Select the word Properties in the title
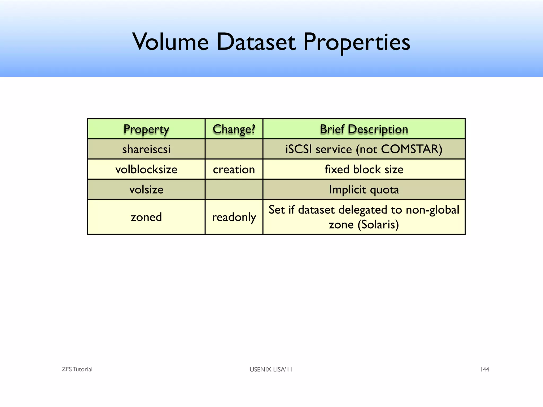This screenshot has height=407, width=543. (x=356, y=42)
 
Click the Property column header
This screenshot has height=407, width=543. (x=146, y=129)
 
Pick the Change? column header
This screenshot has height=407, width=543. (x=234, y=129)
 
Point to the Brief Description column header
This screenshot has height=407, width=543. (x=364, y=129)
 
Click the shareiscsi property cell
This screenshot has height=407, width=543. (x=146, y=149)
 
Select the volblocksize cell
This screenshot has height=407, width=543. (x=146, y=169)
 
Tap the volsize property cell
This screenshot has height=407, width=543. (x=146, y=189)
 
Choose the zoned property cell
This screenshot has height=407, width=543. (x=146, y=217)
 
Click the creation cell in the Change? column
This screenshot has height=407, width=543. (x=234, y=169)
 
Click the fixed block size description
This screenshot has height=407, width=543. (x=364, y=169)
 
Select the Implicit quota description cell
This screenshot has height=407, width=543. (x=364, y=189)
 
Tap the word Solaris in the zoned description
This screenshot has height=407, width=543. (x=378, y=225)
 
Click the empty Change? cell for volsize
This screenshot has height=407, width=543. (x=234, y=189)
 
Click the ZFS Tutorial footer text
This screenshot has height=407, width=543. (x=77, y=369)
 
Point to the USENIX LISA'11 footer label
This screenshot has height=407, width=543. (x=271, y=369)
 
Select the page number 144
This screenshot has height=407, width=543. (x=484, y=369)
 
